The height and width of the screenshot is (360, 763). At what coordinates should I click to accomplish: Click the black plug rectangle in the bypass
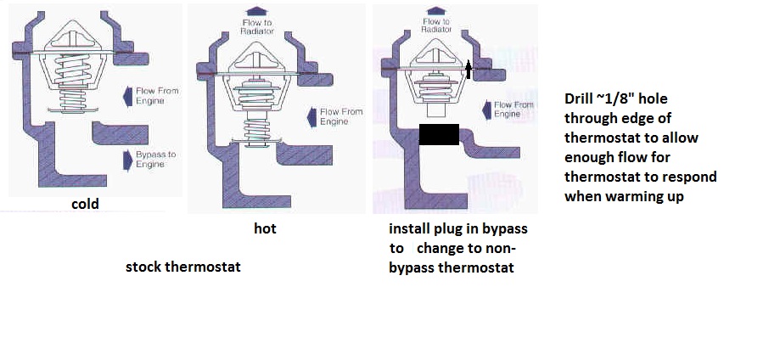(439, 134)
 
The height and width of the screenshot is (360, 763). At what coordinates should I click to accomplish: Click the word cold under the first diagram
(86, 204)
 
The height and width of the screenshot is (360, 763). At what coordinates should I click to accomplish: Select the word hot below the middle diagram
(265, 229)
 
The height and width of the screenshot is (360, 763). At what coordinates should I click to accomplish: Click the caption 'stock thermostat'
(182, 267)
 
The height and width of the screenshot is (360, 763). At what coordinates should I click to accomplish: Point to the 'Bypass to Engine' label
(155, 160)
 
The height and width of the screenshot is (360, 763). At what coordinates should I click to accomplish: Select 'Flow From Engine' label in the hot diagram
(340, 116)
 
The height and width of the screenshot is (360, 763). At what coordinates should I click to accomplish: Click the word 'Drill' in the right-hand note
(581, 98)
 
